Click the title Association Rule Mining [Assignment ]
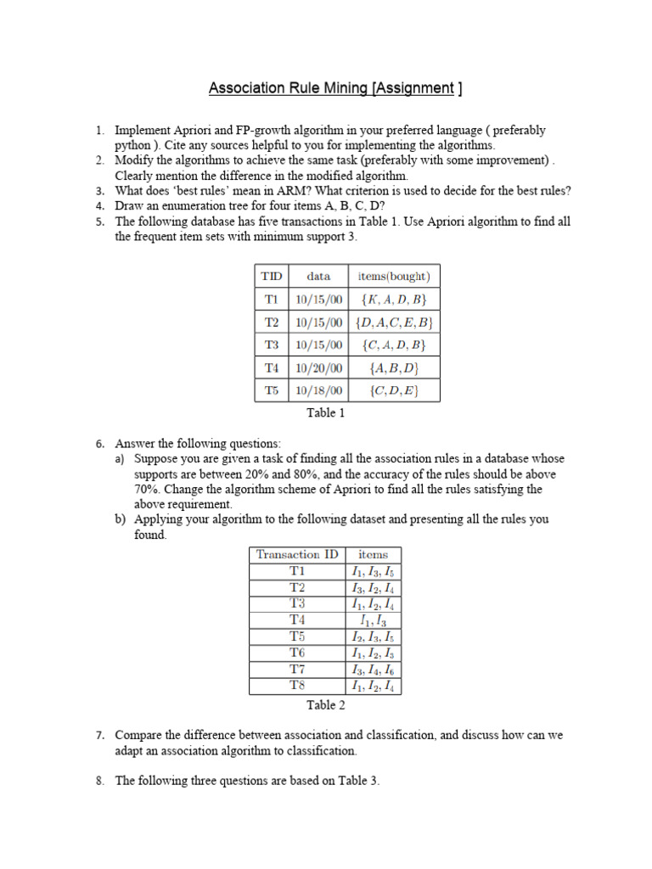(335, 88)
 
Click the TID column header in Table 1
(271, 276)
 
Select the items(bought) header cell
(394, 276)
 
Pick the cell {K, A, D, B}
(394, 299)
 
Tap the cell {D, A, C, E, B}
(394, 322)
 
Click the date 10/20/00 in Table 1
(318, 368)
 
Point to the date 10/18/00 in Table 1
(318, 391)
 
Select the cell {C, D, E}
(394, 391)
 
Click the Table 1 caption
(326, 413)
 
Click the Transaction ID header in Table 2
(296, 554)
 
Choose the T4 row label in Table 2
(296, 620)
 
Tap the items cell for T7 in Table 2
(373, 670)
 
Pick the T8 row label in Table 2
(296, 686)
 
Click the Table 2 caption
(326, 705)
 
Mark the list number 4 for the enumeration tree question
(99, 206)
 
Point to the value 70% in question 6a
(147, 490)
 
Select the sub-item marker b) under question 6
(121, 520)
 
